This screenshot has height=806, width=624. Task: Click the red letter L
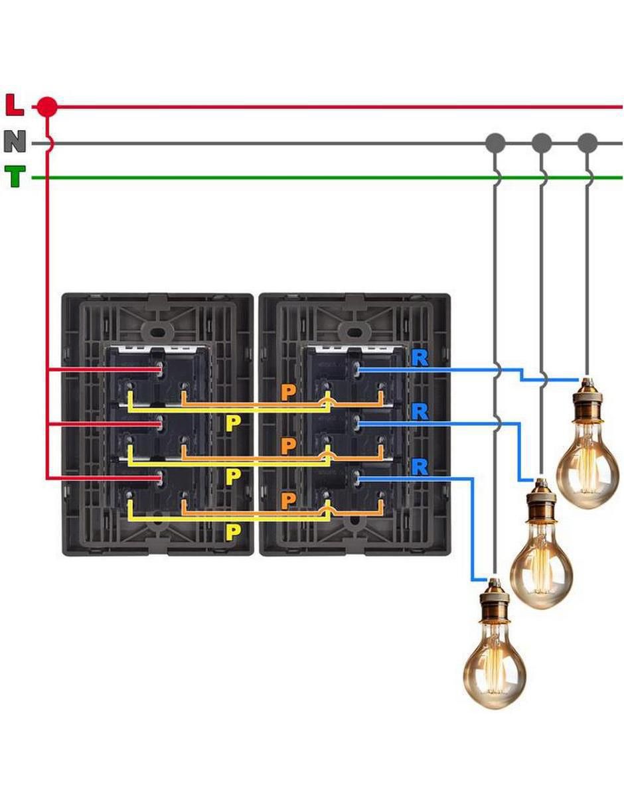[15, 105]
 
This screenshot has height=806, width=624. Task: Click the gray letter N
[15, 141]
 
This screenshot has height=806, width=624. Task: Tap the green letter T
[15, 176]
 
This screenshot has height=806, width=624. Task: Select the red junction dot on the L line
[48, 107]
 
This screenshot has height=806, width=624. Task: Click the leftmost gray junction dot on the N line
[495, 143]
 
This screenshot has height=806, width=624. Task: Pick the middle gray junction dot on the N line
[541, 143]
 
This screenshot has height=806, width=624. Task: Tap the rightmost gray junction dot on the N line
[587, 143]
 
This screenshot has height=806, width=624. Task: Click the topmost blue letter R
[420, 359]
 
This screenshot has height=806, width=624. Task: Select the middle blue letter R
[420, 413]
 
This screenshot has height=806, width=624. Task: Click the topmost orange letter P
[288, 393]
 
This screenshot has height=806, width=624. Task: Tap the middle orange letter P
[288, 446]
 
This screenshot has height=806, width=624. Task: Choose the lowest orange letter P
[288, 501]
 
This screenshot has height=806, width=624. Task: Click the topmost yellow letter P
[233, 424]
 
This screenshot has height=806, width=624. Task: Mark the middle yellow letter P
[233, 478]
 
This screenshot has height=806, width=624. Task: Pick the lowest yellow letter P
[233, 533]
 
